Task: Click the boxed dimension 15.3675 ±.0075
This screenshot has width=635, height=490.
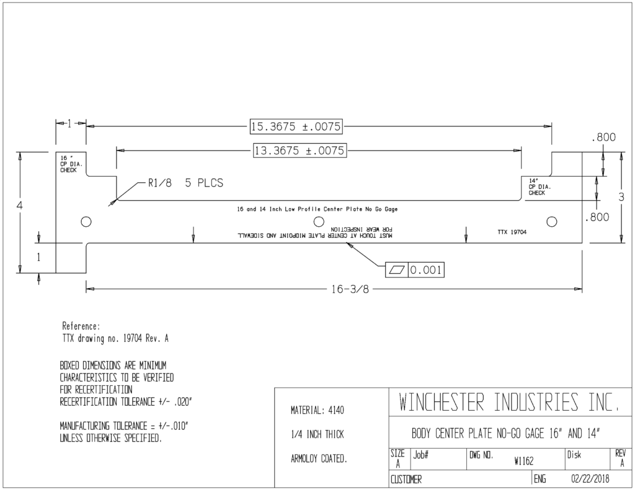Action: pos(296,126)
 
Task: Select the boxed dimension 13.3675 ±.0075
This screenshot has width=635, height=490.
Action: pos(300,151)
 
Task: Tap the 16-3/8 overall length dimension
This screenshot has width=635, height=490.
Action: pos(350,289)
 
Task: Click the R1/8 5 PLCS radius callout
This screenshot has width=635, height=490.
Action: pos(185,183)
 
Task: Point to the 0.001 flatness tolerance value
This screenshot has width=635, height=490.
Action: pos(425,270)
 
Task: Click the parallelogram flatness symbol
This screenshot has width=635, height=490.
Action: pos(397,270)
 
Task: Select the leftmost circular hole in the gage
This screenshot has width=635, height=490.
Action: pos(86,222)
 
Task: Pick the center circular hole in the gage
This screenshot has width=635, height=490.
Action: pos(319,222)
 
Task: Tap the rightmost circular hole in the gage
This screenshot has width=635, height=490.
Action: pos(551,222)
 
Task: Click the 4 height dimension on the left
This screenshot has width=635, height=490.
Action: pos(19,205)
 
